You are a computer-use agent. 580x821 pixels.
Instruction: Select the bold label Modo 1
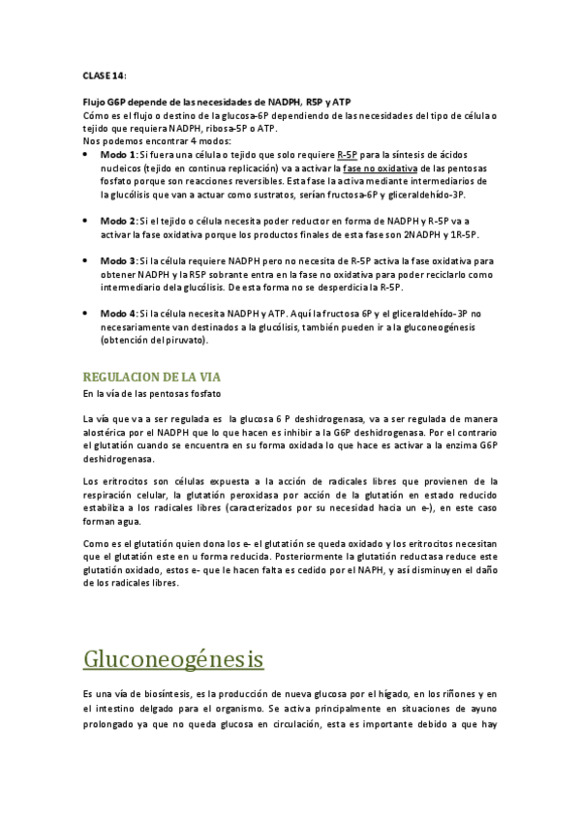119,154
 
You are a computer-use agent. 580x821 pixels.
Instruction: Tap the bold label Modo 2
119,220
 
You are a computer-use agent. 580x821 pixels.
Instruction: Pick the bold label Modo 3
119,261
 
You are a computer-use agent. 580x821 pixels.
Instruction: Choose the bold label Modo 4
119,314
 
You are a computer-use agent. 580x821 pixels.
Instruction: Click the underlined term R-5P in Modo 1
350,154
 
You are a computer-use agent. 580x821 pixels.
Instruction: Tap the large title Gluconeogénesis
174,659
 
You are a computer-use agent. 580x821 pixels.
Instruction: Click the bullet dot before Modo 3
88,261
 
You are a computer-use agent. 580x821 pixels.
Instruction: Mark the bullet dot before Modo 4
88,314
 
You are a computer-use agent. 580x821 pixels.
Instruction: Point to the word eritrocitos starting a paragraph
125,482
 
